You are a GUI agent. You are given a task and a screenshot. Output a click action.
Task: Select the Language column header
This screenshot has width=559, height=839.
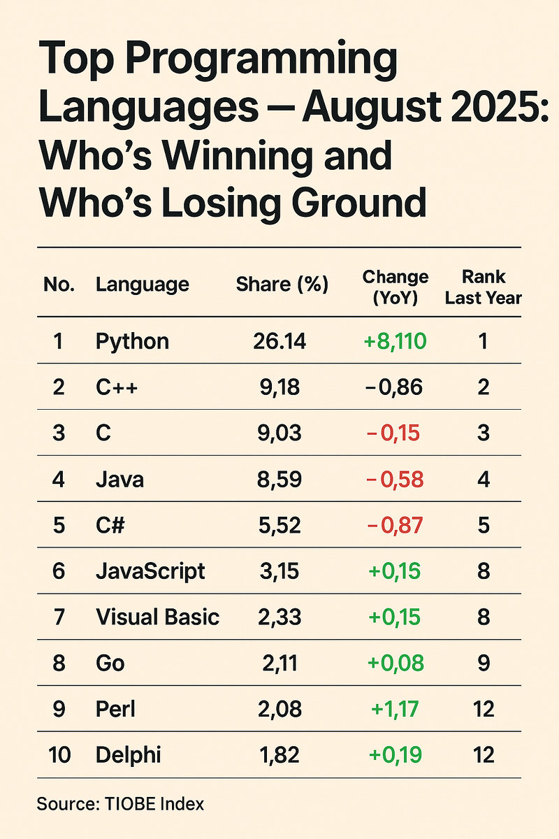coord(143,285)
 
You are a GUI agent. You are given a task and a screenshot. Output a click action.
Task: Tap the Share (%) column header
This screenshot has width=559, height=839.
coord(282,285)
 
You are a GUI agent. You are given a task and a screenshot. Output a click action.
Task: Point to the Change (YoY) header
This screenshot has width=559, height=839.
coord(395,287)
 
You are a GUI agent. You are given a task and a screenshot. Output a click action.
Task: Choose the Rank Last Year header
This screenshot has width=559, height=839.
coord(484,287)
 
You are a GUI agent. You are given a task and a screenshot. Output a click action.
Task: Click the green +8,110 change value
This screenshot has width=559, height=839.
coord(395,341)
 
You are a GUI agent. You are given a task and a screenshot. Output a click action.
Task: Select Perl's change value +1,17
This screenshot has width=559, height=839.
coord(395,709)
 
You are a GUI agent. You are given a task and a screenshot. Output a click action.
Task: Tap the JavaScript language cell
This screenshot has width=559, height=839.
coord(150,571)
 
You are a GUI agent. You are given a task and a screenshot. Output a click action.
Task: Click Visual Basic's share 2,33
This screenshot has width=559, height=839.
coord(278,617)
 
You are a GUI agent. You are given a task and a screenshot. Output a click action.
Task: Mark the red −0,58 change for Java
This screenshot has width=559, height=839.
coord(395,480)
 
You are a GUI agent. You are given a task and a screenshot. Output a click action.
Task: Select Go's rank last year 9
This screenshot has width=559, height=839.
coord(484,663)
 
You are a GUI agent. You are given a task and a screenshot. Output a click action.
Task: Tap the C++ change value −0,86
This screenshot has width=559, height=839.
coord(395,387)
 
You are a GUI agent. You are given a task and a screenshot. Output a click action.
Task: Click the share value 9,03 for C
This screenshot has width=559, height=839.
coord(278,433)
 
